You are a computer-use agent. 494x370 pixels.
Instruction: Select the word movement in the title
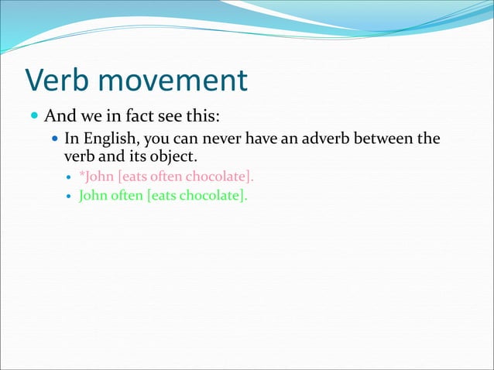(x=176, y=80)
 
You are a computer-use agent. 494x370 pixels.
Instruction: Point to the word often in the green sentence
(x=129, y=195)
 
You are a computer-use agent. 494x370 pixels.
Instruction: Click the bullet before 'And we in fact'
(x=33, y=118)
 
